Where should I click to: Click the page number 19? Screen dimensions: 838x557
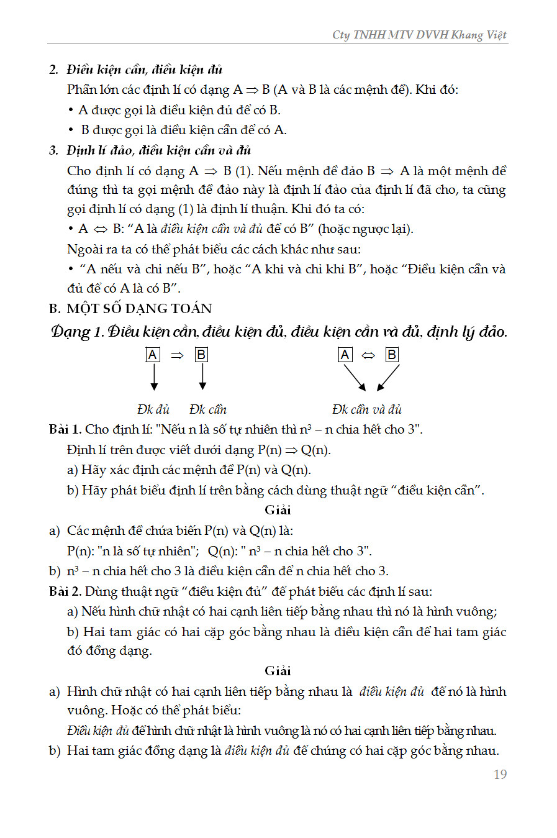click(x=500, y=774)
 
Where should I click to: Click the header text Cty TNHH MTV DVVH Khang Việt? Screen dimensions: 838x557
click(x=419, y=35)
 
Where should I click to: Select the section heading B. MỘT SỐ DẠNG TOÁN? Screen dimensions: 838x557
click(x=130, y=309)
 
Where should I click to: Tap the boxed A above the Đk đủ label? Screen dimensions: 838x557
click(x=153, y=355)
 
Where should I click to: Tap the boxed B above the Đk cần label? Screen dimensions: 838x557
click(x=201, y=355)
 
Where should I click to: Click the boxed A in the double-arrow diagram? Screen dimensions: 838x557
click(x=345, y=355)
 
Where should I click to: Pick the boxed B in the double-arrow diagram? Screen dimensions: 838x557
click(x=392, y=355)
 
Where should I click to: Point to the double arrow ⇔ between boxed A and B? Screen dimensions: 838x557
click(x=368, y=355)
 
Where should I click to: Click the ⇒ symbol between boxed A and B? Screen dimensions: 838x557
click(x=177, y=355)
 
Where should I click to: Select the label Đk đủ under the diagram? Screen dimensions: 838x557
click(x=153, y=409)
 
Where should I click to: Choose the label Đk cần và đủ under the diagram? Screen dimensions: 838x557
click(x=366, y=409)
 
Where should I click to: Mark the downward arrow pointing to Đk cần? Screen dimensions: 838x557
click(x=202, y=377)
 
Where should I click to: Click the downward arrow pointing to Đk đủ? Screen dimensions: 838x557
click(x=154, y=377)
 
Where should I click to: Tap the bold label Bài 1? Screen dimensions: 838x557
click(x=65, y=429)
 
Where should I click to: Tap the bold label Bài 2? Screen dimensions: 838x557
click(x=65, y=591)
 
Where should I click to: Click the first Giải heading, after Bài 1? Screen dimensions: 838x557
click(x=278, y=510)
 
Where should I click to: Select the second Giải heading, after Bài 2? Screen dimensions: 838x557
click(x=278, y=671)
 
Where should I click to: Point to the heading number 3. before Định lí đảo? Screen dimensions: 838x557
click(x=54, y=150)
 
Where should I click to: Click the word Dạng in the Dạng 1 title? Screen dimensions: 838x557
click(x=70, y=332)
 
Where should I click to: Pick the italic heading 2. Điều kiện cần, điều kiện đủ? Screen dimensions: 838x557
click(x=136, y=70)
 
